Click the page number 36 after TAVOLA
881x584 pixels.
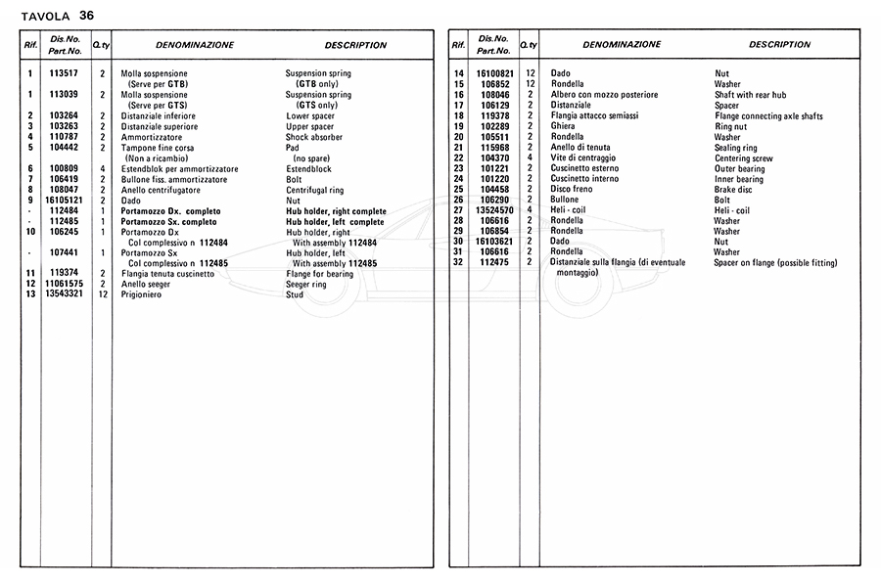[87, 15]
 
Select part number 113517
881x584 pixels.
[65, 73]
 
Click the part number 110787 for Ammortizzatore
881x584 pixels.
[65, 137]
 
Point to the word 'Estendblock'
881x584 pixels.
[311, 169]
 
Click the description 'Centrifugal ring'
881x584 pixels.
[320, 190]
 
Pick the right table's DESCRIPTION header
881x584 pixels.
[779, 45]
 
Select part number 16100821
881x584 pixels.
[489, 73]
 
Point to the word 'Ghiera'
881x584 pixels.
[565, 126]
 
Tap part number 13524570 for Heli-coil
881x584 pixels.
[489, 210]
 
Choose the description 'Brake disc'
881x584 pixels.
[736, 189]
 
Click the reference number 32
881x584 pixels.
[457, 263]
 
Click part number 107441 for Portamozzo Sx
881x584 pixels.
[65, 252]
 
